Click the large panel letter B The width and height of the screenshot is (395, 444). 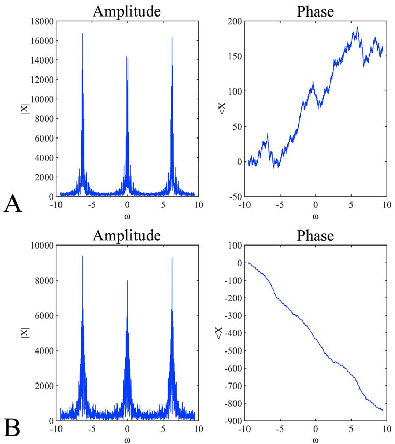(x=12, y=428)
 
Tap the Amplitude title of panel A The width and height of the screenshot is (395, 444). (x=127, y=11)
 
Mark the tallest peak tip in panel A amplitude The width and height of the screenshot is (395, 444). (x=83, y=34)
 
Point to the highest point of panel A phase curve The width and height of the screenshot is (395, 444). (x=357, y=27)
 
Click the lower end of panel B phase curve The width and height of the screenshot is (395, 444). (x=383, y=410)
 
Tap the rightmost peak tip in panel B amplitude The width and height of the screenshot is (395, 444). (x=172, y=258)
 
